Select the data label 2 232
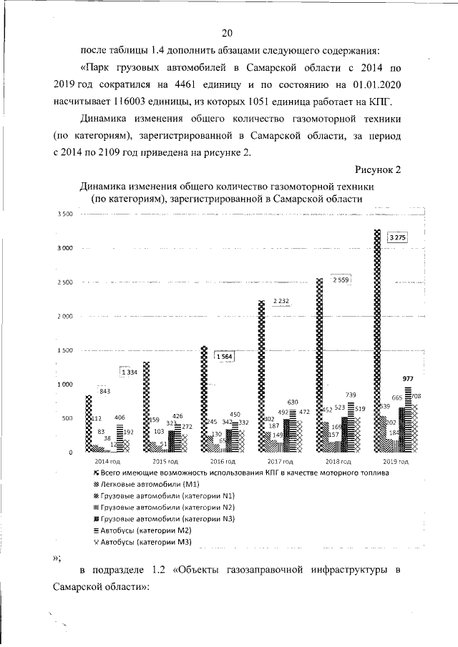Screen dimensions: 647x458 tap(280, 302)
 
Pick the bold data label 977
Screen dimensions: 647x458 tap(408, 378)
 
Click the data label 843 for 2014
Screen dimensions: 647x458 tap(105, 391)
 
